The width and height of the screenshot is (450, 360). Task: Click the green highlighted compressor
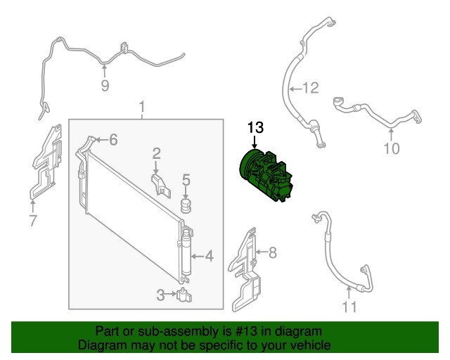(266, 176)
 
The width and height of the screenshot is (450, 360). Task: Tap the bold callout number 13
(255, 128)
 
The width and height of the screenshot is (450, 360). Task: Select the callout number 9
(105, 86)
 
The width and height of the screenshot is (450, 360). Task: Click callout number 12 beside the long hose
(311, 88)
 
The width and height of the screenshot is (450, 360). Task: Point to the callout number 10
(392, 148)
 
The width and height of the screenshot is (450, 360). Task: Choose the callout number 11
(350, 307)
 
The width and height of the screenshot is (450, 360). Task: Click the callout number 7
(33, 221)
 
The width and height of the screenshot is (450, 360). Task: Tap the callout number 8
(272, 252)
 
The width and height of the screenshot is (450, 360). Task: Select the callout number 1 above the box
(142, 107)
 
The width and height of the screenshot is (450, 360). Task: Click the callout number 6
(114, 140)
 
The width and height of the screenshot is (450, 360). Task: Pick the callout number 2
(156, 154)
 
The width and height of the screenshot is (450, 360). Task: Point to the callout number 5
(186, 180)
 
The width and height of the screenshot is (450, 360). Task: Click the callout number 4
(210, 256)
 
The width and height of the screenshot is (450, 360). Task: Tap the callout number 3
(161, 295)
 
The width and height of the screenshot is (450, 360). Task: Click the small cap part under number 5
(186, 205)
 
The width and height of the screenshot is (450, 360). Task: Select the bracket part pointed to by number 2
(161, 186)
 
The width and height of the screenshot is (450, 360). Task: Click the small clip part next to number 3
(184, 295)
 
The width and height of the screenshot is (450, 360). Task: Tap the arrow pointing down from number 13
(255, 142)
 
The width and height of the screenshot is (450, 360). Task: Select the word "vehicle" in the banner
(311, 345)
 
